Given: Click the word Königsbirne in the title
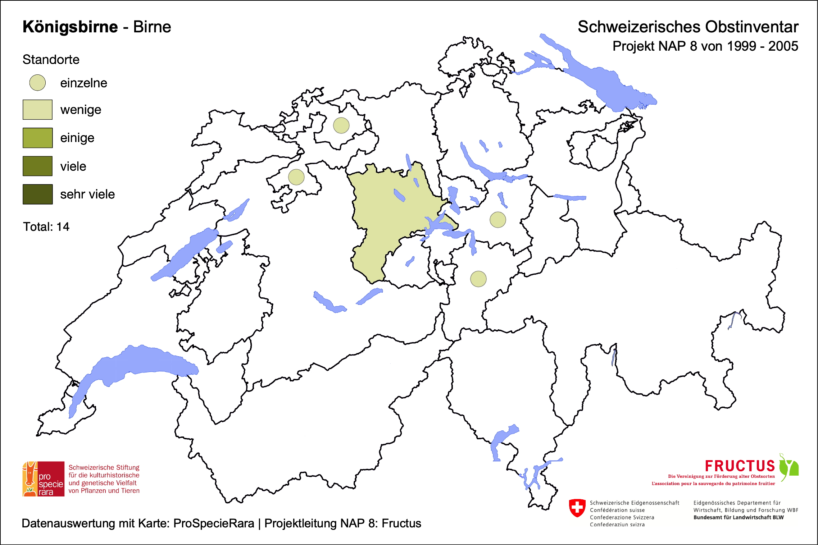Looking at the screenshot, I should [x=70, y=27].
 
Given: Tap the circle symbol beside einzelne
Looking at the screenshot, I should [x=37, y=83].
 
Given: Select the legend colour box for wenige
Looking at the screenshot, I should [x=37, y=110].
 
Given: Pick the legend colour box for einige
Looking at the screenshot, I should [x=37, y=138].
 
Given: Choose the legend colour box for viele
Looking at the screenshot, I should [x=37, y=166].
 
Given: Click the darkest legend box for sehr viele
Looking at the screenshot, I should [x=37, y=194].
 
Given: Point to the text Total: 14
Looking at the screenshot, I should [x=46, y=227].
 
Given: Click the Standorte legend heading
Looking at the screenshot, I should [x=51, y=60].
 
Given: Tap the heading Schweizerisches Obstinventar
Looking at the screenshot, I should [x=688, y=27].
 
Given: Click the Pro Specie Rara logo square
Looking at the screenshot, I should [x=44, y=479].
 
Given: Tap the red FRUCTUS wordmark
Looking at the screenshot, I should [x=740, y=466].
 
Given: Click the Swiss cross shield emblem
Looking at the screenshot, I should [x=577, y=508].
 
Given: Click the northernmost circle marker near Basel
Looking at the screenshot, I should [x=341, y=125].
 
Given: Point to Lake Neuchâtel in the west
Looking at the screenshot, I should [x=183, y=253].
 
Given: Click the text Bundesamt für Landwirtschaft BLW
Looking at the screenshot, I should [x=738, y=517].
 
